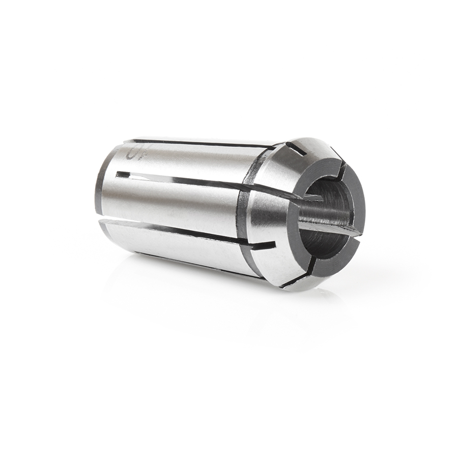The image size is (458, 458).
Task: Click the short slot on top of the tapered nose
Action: click(x=296, y=149)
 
